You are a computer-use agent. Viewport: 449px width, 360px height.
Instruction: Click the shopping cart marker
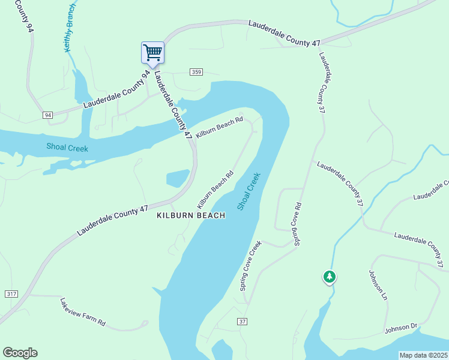point(152,52)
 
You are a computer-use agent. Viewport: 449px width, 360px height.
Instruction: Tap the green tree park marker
point(329,277)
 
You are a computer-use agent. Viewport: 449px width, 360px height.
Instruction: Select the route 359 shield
point(196,72)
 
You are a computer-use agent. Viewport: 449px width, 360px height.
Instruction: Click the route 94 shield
point(48,115)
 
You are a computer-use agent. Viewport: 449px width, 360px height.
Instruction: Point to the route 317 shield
point(10,293)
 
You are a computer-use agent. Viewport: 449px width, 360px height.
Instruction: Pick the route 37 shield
point(243,322)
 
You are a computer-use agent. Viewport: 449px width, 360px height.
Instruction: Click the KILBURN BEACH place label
point(191,215)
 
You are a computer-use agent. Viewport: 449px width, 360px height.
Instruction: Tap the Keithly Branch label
point(70,28)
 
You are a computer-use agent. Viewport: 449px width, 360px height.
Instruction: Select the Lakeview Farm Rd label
point(83,312)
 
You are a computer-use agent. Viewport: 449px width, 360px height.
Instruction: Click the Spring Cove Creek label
point(251,266)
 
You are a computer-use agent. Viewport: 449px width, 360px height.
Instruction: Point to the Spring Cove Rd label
point(297,224)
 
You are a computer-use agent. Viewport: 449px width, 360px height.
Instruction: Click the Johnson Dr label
point(401,328)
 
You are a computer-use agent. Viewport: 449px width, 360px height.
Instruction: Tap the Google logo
point(20,353)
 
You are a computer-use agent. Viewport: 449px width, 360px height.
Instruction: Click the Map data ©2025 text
point(424,355)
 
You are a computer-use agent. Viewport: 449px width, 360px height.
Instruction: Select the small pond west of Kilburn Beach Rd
point(178,178)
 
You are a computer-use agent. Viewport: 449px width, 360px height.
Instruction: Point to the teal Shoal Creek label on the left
point(67,148)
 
